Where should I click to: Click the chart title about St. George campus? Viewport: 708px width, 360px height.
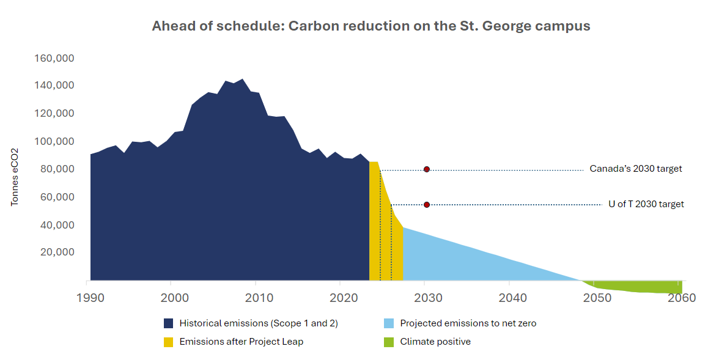click(371, 26)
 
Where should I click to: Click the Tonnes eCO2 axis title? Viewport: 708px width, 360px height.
click(15, 177)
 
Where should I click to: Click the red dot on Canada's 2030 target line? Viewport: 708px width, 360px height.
click(427, 169)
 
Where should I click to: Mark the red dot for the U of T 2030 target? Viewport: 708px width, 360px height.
click(427, 205)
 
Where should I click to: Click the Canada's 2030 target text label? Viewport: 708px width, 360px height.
click(635, 169)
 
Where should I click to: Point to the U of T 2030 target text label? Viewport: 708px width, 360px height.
click(646, 204)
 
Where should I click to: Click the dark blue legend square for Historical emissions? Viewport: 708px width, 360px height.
click(169, 323)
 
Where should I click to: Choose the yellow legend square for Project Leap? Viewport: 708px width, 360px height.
click(169, 342)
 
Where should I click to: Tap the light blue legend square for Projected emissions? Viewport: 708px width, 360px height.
click(389, 323)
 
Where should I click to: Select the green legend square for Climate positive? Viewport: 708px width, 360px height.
click(389, 342)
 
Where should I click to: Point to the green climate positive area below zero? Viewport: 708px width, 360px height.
click(642, 287)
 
